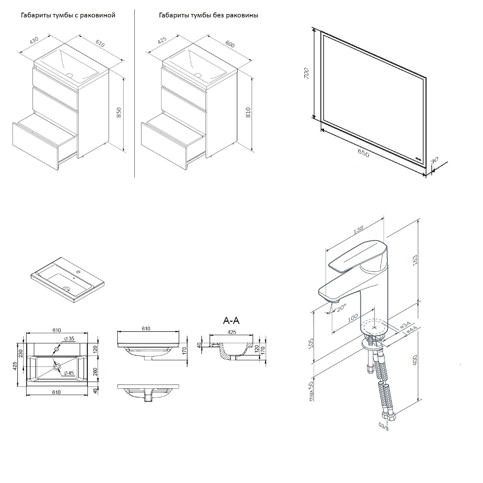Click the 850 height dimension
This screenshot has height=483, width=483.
119,112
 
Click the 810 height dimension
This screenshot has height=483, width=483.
248,112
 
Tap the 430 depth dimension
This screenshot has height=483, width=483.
34,41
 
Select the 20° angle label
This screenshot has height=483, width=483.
341,307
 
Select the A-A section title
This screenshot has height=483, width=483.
231,320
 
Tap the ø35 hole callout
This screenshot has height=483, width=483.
69,339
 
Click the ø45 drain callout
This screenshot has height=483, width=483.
68,372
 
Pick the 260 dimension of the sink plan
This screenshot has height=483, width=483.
94,371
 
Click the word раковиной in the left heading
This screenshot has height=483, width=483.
99,15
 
